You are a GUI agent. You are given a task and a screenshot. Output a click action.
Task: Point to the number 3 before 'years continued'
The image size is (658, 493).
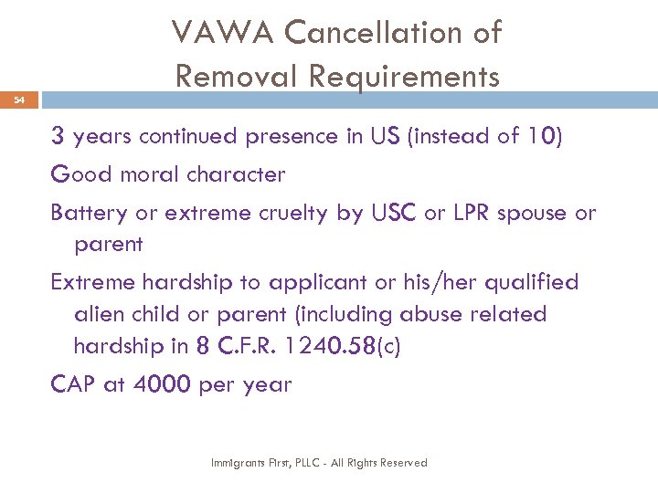point(57,137)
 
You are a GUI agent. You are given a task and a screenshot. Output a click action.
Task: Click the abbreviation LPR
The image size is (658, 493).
point(472,214)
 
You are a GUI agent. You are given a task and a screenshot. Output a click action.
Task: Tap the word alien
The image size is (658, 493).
point(101,314)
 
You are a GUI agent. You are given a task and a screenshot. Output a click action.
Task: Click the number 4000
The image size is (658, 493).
point(163,384)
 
